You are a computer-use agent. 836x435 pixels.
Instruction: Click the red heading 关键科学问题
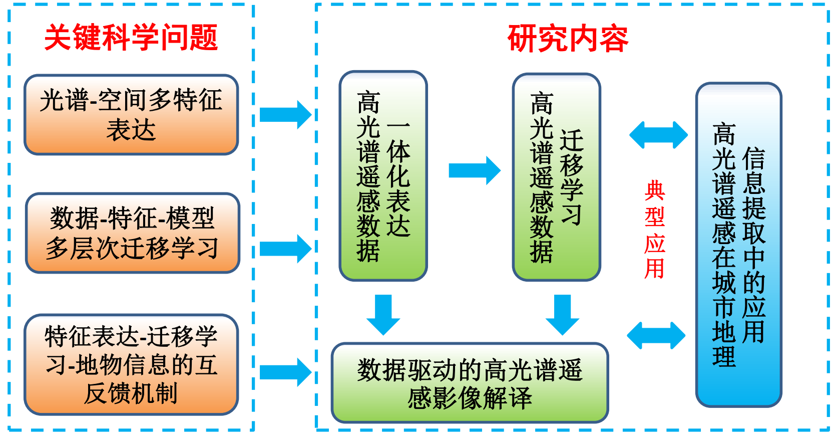click(x=131, y=38)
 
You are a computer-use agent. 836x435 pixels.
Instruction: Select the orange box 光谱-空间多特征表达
click(x=131, y=115)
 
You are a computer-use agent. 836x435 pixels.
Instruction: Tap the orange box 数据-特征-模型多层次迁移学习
click(x=133, y=233)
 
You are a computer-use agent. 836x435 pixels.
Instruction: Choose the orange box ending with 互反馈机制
click(x=131, y=364)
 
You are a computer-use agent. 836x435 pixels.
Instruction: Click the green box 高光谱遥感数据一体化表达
click(x=383, y=175)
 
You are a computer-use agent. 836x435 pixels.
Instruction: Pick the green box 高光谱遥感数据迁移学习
click(x=556, y=177)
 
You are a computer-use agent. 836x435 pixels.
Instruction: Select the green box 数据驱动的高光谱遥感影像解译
click(x=470, y=383)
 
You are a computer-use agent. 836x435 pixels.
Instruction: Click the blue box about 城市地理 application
click(x=738, y=245)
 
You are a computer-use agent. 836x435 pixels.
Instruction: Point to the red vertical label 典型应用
click(x=655, y=230)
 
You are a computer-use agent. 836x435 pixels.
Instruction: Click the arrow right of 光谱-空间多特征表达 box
click(x=285, y=115)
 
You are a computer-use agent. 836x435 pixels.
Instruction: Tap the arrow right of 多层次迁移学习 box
click(x=285, y=249)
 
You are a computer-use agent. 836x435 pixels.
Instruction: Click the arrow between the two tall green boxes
click(x=474, y=170)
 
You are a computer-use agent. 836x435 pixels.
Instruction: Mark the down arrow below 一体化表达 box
click(x=383, y=314)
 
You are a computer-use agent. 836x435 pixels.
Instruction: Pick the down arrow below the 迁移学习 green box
click(x=562, y=314)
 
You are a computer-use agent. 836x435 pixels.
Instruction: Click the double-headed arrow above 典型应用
click(x=658, y=135)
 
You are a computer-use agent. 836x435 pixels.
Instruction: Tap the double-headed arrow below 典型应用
click(x=656, y=335)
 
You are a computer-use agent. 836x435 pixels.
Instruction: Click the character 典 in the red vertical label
click(x=655, y=190)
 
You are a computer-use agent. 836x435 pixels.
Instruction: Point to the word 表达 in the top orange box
click(x=131, y=130)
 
